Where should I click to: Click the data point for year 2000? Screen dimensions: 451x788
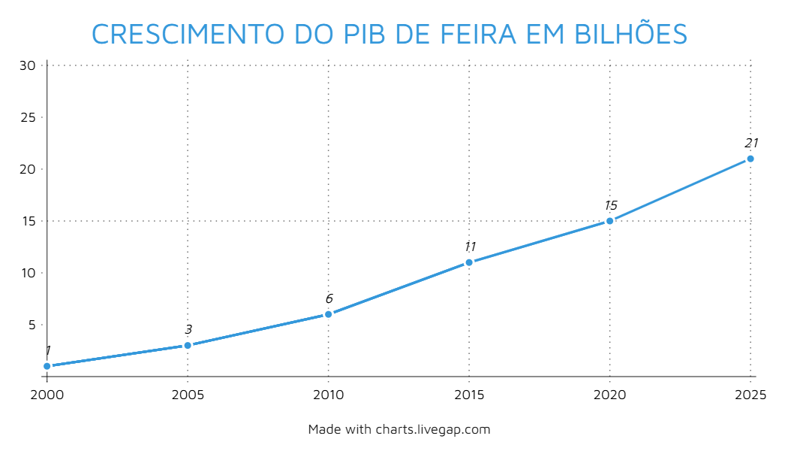47,366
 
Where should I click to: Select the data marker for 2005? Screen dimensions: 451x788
188,345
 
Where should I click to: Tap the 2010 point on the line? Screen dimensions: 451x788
328,314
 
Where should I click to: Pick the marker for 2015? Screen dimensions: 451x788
469,262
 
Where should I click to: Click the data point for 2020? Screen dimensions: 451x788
609,221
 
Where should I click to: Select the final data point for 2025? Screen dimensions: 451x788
750,159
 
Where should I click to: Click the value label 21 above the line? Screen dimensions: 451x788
751,143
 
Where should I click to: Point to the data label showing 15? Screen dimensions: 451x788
610,205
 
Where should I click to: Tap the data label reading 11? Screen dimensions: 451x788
470,247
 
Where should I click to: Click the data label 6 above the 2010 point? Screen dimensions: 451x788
329,298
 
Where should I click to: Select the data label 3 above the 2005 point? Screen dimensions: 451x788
188,329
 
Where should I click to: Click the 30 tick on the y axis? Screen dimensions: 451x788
28,65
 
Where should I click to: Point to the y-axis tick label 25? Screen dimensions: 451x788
28,117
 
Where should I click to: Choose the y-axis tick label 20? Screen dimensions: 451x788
28,169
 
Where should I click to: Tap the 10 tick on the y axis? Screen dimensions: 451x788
28,273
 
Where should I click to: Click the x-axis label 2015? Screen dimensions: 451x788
469,395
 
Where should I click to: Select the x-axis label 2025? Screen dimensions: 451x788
750,395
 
